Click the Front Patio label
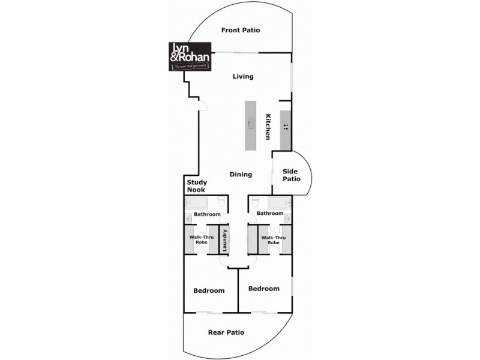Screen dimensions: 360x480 coord(240,30)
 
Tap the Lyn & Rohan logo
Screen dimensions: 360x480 coord(188,56)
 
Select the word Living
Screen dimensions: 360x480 coord(243,77)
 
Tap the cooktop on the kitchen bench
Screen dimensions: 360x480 coord(286,127)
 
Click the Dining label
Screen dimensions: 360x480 coord(241,175)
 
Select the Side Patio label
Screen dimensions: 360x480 coord(291,175)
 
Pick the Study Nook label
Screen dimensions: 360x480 coord(196,186)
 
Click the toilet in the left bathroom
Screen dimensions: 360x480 coord(221,202)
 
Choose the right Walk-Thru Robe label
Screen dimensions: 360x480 coord(274,240)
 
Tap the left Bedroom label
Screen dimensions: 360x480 coord(209,291)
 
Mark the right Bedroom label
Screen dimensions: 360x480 coord(264,289)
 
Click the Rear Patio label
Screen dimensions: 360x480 coord(226,332)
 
